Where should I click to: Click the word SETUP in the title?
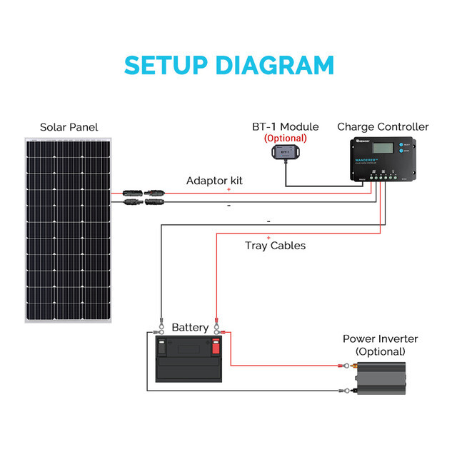point(167,65)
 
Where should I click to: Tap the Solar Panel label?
point(69,127)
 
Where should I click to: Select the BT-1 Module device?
point(284,152)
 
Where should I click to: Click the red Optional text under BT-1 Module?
point(285,138)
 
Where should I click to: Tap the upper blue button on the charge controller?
point(404,144)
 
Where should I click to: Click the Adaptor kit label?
point(214,181)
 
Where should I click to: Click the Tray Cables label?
point(275,246)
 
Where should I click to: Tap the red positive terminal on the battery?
point(216,348)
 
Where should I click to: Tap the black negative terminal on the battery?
point(163,348)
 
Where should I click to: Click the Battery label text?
point(190,328)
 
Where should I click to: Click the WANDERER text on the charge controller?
point(371,161)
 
